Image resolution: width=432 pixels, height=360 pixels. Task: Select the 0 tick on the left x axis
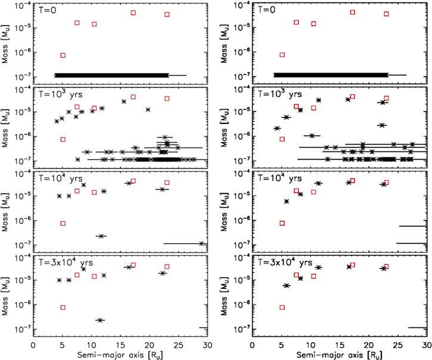coord(34,345)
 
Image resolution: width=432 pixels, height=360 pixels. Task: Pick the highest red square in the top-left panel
coord(133,13)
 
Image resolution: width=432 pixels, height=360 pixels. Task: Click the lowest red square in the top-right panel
coord(282,55)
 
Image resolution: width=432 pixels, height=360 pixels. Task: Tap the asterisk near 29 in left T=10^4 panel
coord(201,243)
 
